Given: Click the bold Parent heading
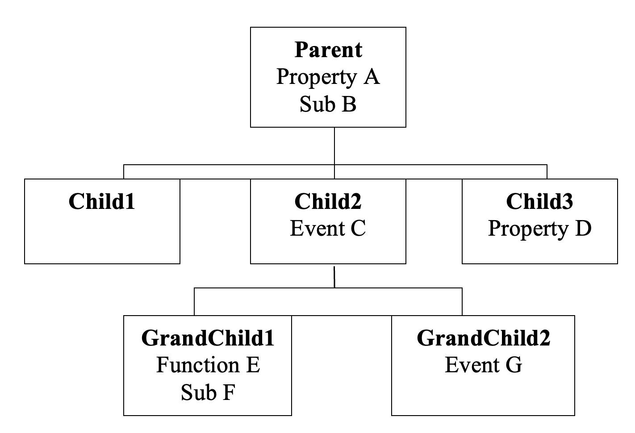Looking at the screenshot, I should (x=328, y=50).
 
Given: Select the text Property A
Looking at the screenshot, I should (x=328, y=77).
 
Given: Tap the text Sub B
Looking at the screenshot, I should (x=328, y=104).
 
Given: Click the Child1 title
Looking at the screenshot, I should (x=102, y=201).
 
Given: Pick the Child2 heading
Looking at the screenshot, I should (x=328, y=201).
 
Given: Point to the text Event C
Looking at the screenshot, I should (x=328, y=229).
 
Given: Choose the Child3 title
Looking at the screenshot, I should (x=539, y=201).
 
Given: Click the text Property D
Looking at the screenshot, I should (x=539, y=229).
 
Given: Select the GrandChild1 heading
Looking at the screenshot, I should (x=208, y=338).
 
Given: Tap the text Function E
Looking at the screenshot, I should (x=208, y=365).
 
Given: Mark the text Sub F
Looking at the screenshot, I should (x=208, y=392).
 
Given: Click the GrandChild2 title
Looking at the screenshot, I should (x=483, y=338).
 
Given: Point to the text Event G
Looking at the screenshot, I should (x=483, y=365).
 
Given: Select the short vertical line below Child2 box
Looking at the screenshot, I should (x=334, y=277).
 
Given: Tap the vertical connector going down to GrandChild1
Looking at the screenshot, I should (x=194, y=302).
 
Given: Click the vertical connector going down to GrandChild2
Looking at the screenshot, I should (x=462, y=302).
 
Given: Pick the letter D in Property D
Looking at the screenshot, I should (x=583, y=229).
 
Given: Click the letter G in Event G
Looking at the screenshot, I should (x=514, y=365).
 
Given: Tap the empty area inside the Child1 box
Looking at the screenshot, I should (x=102, y=239).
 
